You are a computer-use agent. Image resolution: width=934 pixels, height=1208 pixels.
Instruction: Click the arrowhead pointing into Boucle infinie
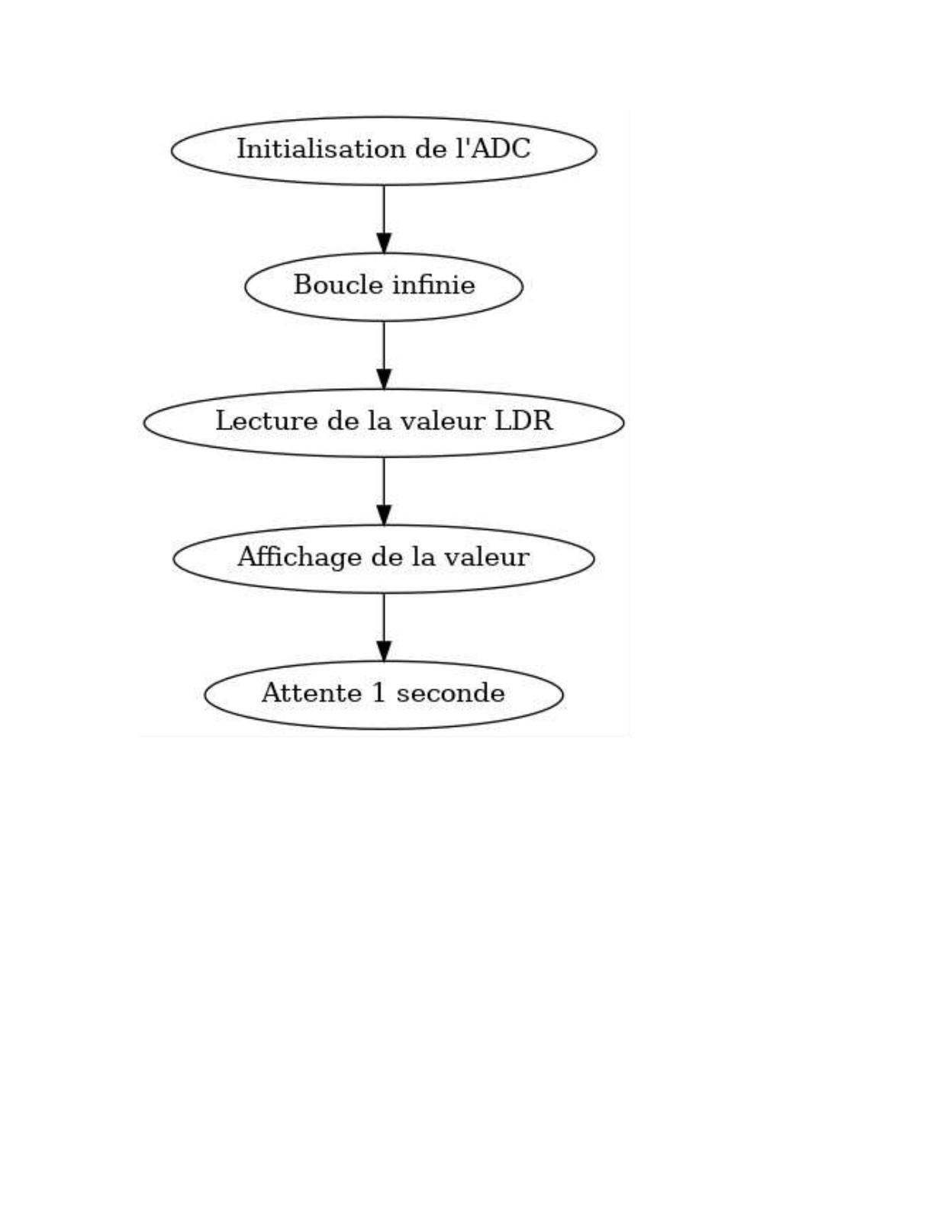(x=384, y=243)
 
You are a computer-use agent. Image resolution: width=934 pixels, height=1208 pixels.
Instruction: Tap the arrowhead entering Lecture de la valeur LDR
(x=384, y=379)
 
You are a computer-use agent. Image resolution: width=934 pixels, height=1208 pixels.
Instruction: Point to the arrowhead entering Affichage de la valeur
(x=384, y=516)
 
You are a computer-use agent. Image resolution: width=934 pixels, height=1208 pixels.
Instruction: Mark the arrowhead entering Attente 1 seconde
(x=384, y=651)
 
